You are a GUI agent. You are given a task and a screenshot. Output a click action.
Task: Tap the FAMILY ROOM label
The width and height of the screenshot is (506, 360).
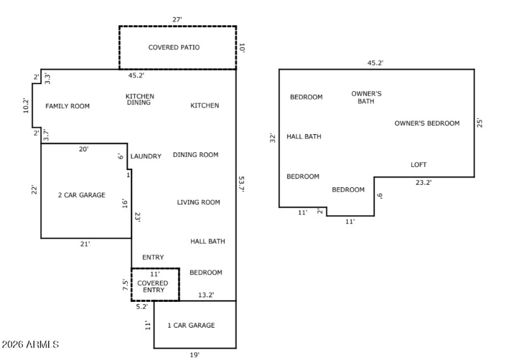coord(68,106)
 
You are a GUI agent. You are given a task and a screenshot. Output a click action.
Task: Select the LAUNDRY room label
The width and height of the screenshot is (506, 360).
coord(145,156)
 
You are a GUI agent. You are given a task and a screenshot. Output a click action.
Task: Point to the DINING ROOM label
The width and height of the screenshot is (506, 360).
coord(195,154)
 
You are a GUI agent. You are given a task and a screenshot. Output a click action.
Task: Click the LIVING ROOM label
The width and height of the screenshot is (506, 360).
coord(198,202)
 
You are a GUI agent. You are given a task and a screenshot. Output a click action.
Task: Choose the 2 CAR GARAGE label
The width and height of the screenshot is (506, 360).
coord(82,195)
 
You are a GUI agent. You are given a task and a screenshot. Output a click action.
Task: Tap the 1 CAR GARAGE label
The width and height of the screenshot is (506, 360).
coord(191,325)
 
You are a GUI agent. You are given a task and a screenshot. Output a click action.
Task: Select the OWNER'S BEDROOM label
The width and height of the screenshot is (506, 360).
coord(427,123)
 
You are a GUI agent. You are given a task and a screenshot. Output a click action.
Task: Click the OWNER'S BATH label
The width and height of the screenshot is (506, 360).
coord(366,97)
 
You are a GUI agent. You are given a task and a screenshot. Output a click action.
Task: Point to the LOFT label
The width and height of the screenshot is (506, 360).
coord(419,164)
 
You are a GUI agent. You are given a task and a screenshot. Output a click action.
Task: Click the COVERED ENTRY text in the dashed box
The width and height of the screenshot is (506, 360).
coord(152,287)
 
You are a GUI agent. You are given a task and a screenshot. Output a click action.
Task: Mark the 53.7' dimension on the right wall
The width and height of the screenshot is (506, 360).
coord(241,183)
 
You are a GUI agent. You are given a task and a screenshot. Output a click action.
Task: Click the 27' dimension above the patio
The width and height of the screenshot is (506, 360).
coord(177,20)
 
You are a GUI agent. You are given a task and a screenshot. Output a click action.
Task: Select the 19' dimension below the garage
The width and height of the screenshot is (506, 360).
coord(195,355)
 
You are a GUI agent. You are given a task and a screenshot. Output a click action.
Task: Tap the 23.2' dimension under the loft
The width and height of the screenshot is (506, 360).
coord(424,182)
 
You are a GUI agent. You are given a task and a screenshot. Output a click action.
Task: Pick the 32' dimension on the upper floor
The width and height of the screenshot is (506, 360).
coord(273,137)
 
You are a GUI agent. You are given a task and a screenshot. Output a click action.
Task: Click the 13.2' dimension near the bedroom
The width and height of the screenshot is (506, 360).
coord(206,295)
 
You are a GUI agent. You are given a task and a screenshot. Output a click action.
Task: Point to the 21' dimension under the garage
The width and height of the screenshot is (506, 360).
coord(85,244)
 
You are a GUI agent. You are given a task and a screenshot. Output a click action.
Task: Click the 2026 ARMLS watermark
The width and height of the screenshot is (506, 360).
coord(30,345)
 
